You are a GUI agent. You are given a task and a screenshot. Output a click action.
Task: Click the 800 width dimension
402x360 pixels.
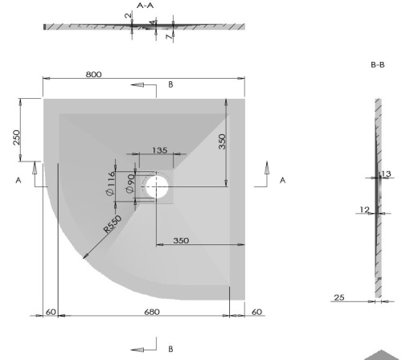tap(93, 75)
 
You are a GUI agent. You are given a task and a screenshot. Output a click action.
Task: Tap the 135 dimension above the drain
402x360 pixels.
tap(159, 150)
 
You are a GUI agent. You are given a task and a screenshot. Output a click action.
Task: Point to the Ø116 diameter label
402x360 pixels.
tap(110, 186)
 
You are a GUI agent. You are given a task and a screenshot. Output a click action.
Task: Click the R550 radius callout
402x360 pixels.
tap(112, 225)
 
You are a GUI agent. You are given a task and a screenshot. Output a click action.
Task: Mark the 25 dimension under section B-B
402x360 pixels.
tap(338, 298)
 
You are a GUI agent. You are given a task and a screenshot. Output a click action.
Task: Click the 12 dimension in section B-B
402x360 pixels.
tap(364, 211)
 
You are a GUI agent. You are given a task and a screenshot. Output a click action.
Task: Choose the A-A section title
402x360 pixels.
tap(146, 6)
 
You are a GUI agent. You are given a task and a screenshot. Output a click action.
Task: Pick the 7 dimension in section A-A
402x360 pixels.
tap(167, 36)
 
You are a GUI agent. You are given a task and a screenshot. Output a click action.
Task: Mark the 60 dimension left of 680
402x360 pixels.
tap(51, 312)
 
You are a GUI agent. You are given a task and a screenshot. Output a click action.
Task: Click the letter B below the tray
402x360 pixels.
tap(170, 350)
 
